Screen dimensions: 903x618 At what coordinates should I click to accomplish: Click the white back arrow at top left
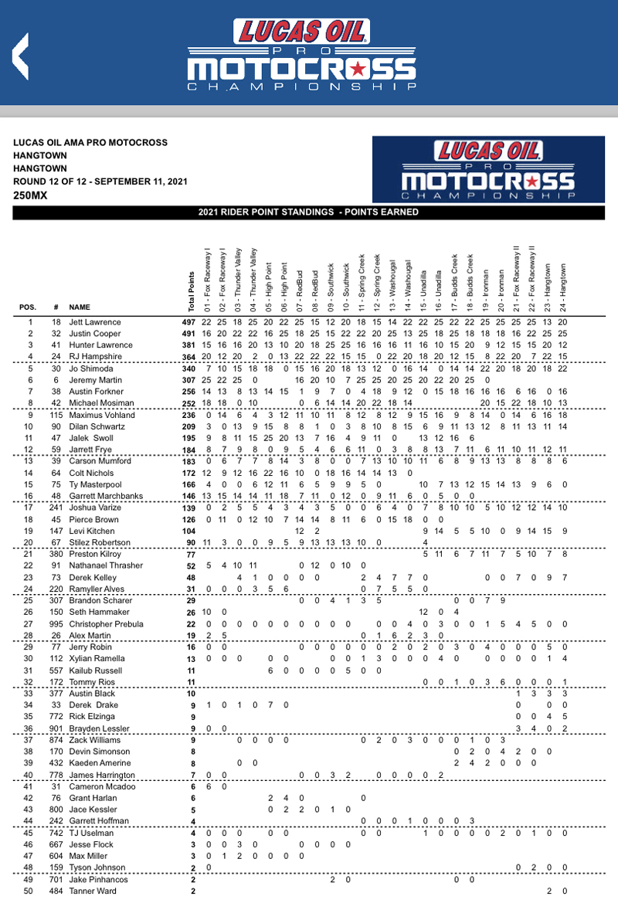point(21,53)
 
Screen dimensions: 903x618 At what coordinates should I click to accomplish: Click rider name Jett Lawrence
point(95,321)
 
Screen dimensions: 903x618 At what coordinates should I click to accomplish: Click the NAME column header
point(80,307)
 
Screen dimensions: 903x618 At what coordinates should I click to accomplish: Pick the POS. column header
point(28,307)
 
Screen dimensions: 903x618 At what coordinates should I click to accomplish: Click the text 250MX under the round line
point(29,195)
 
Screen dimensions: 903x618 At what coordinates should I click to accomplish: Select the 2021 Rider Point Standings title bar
point(308,212)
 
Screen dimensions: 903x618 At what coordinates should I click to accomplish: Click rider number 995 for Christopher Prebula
point(56,624)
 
